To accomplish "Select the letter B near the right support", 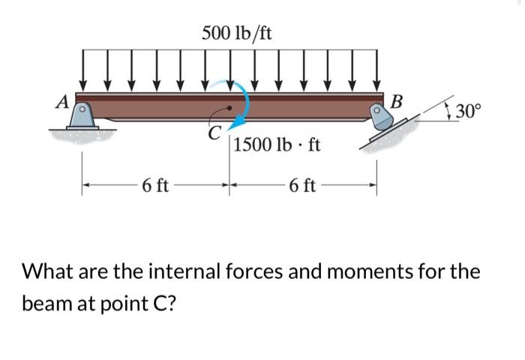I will click(x=397, y=100).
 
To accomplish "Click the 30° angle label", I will click(x=470, y=112).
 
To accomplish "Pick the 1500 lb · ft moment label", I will click(x=277, y=145).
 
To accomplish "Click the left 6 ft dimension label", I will click(x=154, y=185).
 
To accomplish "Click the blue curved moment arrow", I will click(x=241, y=105).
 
